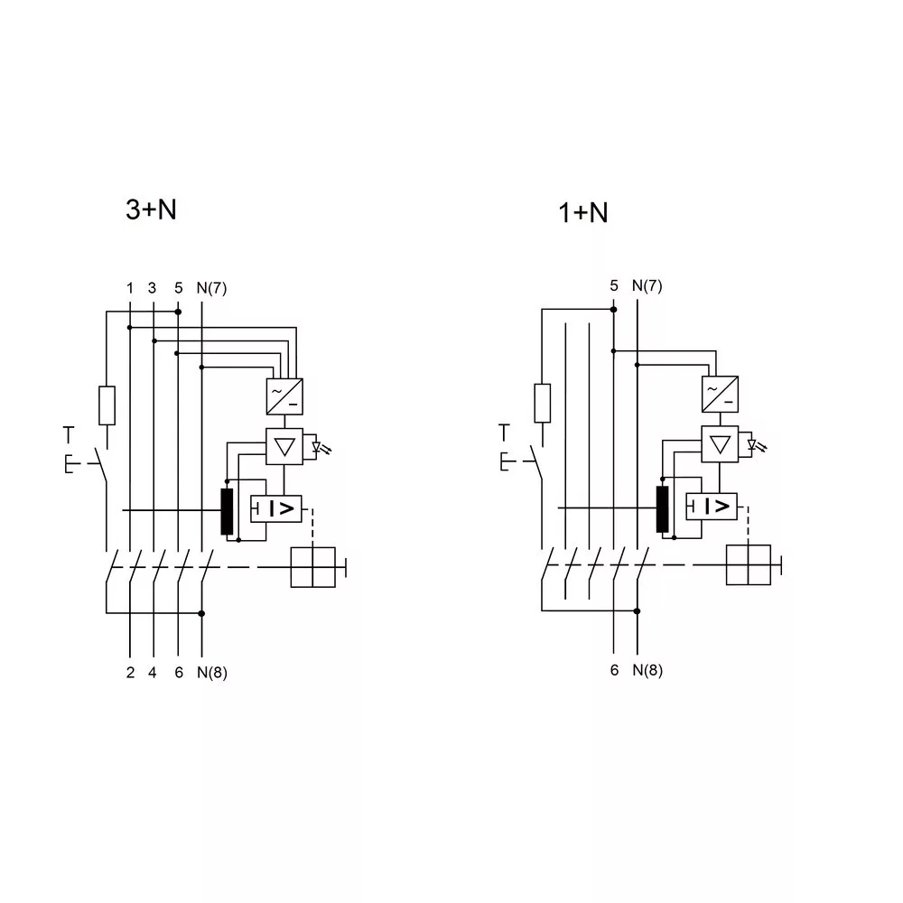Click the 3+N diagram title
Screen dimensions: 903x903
coord(151,209)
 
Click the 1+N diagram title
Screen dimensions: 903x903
coord(583,212)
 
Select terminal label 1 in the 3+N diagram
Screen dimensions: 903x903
coord(130,288)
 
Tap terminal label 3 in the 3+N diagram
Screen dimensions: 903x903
coord(152,288)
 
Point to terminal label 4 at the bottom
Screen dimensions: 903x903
coord(152,673)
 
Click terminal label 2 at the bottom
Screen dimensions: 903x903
coord(130,673)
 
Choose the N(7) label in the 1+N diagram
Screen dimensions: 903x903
coord(647,285)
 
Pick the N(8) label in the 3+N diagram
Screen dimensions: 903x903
coord(212,673)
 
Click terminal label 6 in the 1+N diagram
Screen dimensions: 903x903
coord(614,670)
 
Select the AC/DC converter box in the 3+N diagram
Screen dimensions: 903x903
coord(284,396)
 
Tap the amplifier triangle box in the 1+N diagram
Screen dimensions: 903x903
coord(720,444)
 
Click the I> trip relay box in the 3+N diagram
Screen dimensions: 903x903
coord(275,508)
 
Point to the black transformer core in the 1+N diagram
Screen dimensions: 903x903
coord(662,509)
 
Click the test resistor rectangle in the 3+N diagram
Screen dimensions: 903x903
coord(107,405)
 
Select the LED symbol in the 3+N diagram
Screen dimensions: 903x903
coord(319,448)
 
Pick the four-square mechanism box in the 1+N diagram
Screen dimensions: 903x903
coord(748,565)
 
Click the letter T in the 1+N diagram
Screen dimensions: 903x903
coord(505,433)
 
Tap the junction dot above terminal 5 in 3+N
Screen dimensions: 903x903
coord(178,312)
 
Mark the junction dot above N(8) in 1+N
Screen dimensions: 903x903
coord(637,611)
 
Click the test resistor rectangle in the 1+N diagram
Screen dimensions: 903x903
coord(543,403)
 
